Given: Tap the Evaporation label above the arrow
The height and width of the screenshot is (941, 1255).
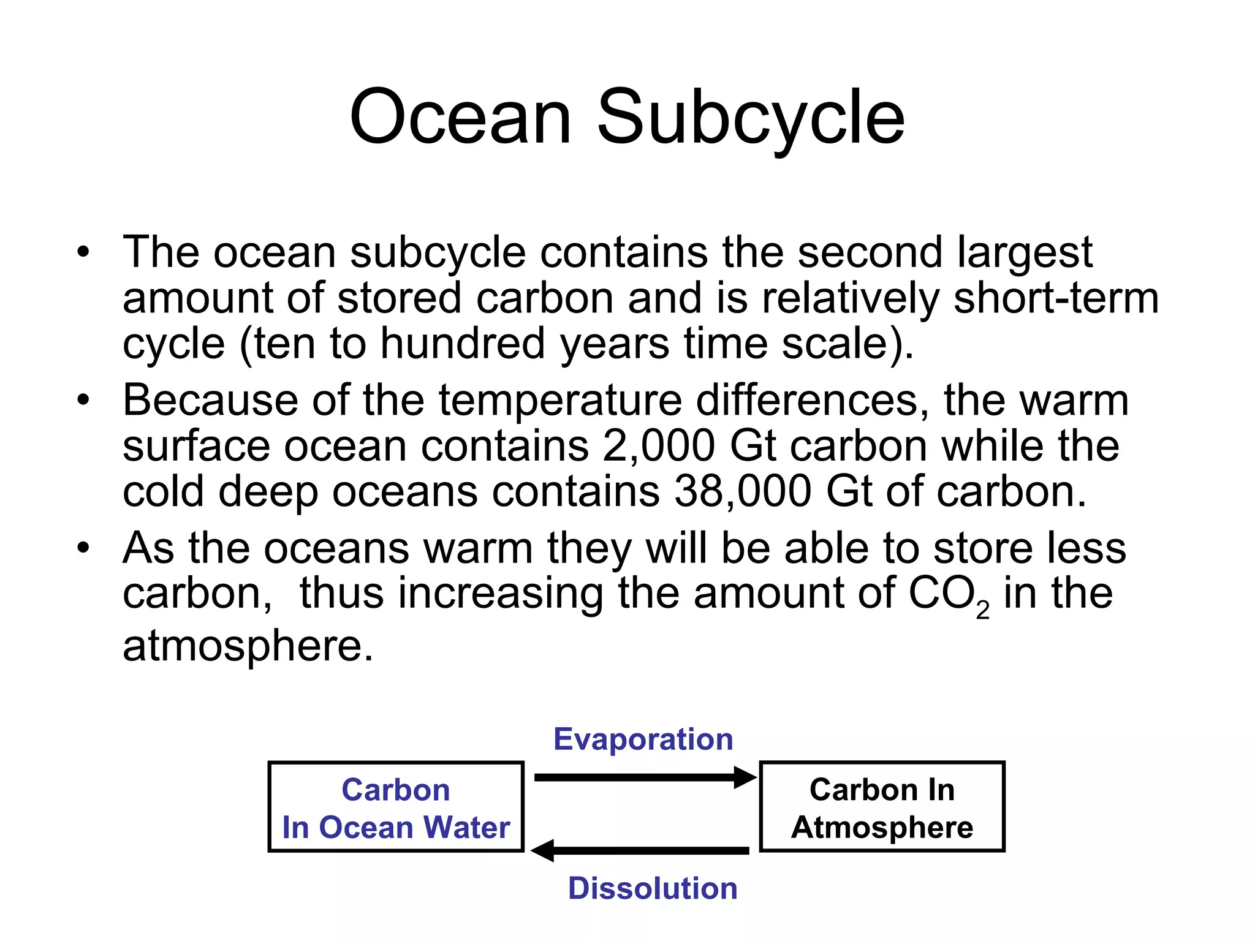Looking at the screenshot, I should tap(643, 739).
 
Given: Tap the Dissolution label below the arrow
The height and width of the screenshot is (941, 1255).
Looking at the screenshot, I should tap(653, 888).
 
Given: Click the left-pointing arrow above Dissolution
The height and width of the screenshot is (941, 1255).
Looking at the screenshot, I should tap(640, 850).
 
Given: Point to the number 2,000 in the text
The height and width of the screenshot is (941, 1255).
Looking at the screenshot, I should tap(658, 446).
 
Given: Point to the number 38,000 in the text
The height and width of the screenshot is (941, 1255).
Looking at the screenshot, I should tap(743, 492).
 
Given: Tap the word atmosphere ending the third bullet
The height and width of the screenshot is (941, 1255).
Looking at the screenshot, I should tap(248, 646).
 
